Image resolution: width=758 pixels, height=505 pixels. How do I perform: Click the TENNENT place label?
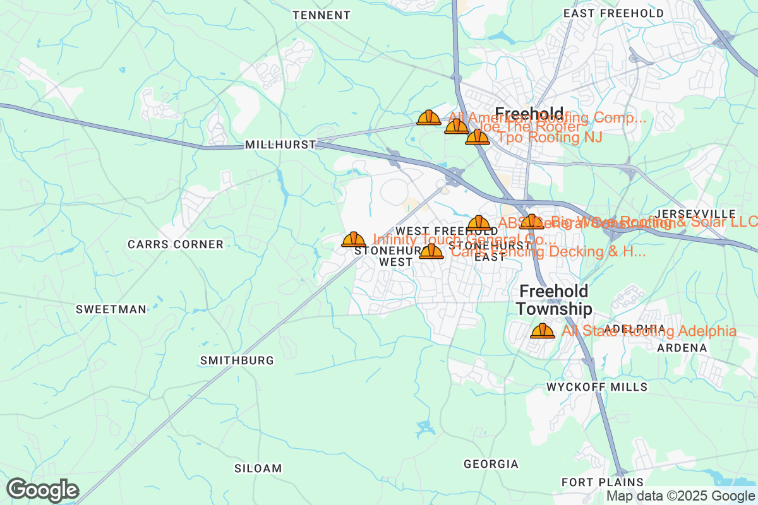[322, 15]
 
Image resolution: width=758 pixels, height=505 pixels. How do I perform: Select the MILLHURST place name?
[280, 145]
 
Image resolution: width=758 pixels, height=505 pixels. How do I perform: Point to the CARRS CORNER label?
[176, 244]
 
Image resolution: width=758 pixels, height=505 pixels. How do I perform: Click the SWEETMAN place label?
[111, 309]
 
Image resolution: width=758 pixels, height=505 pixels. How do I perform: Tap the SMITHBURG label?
[237, 360]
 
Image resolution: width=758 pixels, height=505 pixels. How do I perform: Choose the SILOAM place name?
[258, 468]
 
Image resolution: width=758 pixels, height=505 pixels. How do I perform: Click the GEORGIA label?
[491, 464]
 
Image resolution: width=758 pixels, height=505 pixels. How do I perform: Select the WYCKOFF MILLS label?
[597, 386]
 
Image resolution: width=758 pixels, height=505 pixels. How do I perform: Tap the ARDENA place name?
[682, 348]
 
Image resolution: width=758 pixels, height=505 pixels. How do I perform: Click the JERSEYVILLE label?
[696, 213]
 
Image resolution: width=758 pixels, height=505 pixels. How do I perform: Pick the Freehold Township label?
[554, 300]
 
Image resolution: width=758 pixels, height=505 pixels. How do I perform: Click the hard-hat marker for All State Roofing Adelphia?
[542, 331]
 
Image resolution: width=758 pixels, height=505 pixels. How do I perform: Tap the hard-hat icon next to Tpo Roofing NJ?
[477, 137]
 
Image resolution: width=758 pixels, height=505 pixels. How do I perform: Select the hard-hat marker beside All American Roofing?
[429, 117]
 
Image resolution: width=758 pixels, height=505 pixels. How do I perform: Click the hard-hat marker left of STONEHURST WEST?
[354, 239]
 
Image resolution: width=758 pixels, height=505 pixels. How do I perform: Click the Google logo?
[42, 490]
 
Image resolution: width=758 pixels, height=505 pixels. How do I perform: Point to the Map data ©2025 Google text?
[680, 496]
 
